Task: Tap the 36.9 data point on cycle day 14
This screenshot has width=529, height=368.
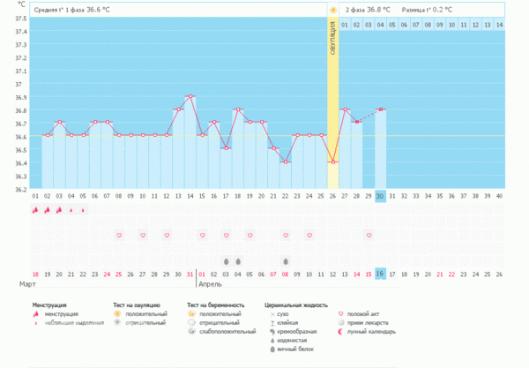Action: [x=190, y=96]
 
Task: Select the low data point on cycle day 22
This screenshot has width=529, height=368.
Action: [x=285, y=161]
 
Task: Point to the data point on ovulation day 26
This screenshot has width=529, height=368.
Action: [x=332, y=161]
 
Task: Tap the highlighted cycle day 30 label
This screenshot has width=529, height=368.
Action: [x=380, y=196]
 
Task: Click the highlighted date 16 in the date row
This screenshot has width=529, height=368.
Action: [x=380, y=274]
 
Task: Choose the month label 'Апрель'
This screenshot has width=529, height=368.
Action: [x=211, y=286]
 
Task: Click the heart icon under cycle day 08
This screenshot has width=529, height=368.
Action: [x=119, y=236]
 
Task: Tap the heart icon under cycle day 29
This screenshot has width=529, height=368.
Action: [x=369, y=236]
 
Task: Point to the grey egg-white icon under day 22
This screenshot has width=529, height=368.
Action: [x=285, y=261]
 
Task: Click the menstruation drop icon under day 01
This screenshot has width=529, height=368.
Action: [x=35, y=210]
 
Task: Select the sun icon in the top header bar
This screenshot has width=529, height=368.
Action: [x=332, y=10]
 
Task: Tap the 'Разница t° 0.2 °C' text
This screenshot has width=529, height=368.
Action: [x=427, y=10]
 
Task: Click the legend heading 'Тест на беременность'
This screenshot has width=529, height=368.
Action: [x=214, y=304]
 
